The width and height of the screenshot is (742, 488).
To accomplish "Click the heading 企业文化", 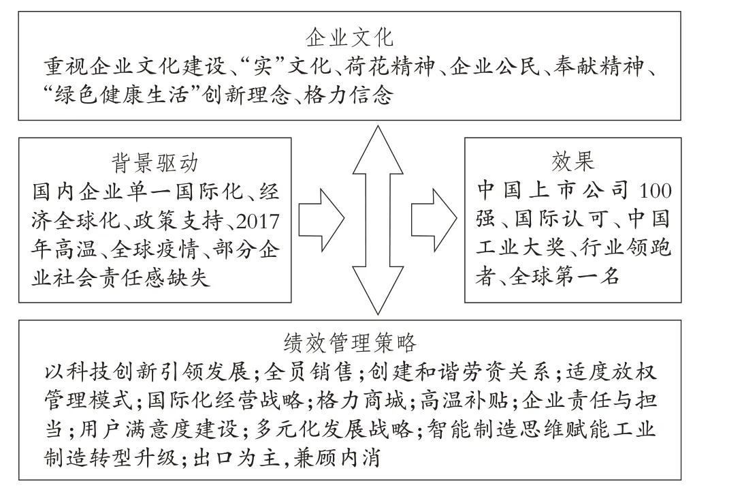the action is point(349,37).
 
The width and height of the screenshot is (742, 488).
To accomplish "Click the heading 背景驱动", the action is point(155,163).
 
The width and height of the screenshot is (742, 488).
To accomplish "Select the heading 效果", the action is point(572,162).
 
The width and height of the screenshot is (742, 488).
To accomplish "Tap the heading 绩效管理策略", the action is point(350,343).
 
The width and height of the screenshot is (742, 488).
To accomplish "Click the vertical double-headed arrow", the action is point(378,220).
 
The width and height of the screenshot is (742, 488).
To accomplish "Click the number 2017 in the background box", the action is point(257,222).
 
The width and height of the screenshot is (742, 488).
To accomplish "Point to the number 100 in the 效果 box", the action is point(656,190).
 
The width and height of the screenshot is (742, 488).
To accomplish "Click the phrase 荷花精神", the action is point(389,67).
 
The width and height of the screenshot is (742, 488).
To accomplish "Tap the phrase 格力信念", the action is point(349,95).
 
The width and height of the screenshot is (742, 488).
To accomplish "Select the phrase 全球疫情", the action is point(154,249).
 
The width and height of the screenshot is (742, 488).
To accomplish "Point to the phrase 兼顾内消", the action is point(337,458).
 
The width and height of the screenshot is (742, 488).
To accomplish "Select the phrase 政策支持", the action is point(178,222).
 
